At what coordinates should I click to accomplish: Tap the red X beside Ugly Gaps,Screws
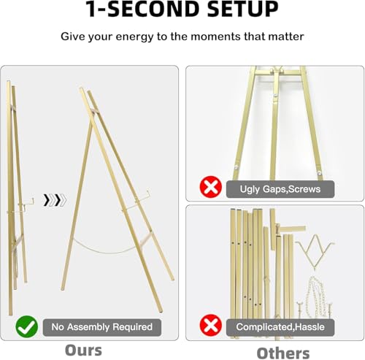point(211,188)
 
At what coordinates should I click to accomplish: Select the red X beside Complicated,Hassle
point(211,325)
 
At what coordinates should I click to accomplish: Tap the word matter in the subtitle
point(282,36)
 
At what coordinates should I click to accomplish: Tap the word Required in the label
point(129,326)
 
